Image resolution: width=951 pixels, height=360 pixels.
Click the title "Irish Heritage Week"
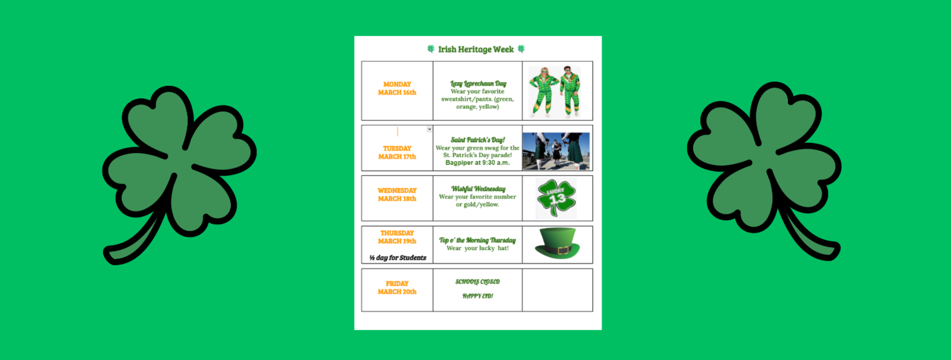point(475,49)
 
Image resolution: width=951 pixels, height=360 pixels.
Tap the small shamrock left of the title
point(431,49)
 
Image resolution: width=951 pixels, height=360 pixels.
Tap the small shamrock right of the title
point(521,49)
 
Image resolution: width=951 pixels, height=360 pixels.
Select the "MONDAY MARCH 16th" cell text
point(397,88)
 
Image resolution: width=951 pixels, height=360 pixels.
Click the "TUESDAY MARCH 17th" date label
point(397,153)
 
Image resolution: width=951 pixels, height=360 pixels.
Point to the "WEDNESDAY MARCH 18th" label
point(397,194)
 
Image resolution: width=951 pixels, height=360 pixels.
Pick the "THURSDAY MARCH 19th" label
point(397,237)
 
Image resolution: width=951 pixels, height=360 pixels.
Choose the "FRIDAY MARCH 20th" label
point(397,287)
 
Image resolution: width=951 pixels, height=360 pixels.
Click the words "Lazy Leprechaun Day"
point(478,83)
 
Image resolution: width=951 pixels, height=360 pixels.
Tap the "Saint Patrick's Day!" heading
point(478,140)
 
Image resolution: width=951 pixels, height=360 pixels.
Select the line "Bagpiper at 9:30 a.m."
point(478,163)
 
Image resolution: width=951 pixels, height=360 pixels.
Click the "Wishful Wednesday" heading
point(478,189)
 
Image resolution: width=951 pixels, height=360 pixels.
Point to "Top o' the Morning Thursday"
point(477,240)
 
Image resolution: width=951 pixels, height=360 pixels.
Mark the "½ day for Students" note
point(397,258)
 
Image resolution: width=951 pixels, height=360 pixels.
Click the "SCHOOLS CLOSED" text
point(478,282)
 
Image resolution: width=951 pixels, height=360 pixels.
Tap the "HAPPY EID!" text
point(478,296)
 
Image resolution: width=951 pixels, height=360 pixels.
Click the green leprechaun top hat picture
point(557,243)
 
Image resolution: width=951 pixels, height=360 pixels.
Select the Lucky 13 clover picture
point(556,198)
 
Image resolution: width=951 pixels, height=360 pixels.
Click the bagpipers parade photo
point(556,151)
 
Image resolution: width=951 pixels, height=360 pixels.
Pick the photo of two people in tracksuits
point(555,92)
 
